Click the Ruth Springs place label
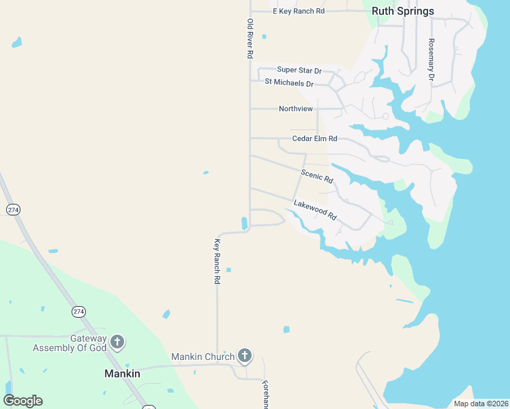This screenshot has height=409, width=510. [402, 11]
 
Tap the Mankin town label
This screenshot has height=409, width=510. [122, 374]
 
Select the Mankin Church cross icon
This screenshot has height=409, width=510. [245, 356]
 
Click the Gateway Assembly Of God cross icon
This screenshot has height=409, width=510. [117, 342]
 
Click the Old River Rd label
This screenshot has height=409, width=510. [250, 38]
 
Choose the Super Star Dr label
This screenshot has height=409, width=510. [299, 70]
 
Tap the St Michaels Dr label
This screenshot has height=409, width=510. [289, 83]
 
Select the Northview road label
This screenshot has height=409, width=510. [296, 108]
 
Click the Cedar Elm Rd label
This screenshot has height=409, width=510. [314, 138]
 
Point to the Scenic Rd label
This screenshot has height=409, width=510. [317, 176]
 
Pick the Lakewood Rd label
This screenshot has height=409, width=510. [315, 210]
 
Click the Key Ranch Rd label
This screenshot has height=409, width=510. [217, 261]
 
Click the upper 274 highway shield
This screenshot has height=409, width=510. [13, 209]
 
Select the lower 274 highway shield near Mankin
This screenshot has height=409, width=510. [79, 312]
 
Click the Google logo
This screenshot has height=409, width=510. [23, 401]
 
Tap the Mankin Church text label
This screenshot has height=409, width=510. [202, 357]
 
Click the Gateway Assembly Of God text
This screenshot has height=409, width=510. [70, 343]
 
